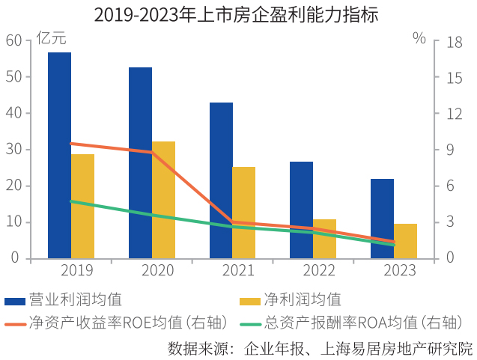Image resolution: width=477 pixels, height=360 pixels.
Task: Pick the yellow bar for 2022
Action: [324, 239]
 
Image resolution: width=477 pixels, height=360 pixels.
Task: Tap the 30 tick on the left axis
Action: [13, 150]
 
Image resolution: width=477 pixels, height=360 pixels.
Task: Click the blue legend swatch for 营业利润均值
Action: [14, 301]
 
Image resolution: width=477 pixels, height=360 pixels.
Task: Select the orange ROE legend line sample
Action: [14, 323]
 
